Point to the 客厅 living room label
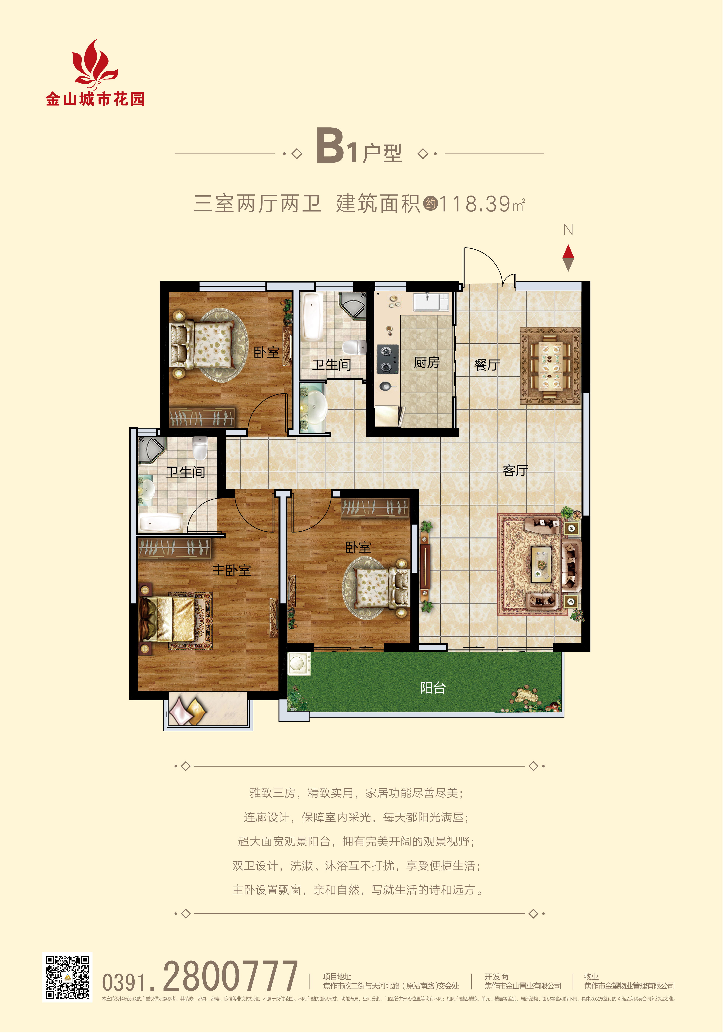[x=516, y=471]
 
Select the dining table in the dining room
[x=550, y=366]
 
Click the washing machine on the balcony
[x=298, y=664]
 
